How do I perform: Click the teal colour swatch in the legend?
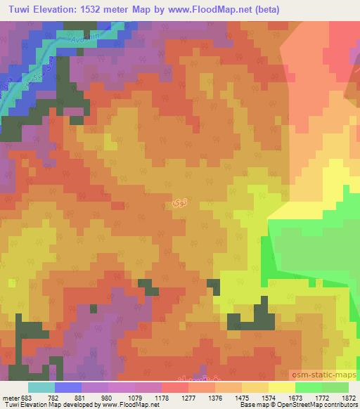pos(41,387)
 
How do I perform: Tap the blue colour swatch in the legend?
pos(68,387)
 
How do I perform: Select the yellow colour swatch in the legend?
pos(281,387)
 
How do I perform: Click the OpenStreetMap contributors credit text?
pos(314,405)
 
